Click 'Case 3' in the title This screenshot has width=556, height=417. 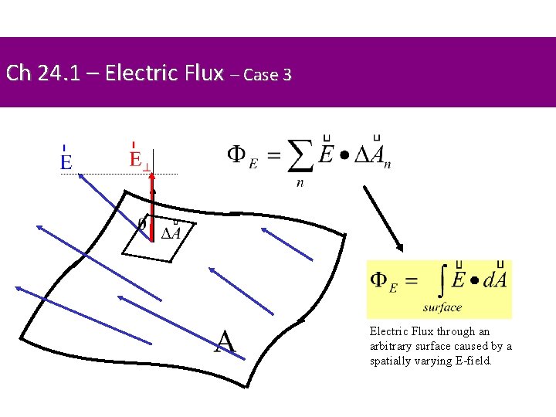(x=266, y=76)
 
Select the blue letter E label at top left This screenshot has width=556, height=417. (x=66, y=161)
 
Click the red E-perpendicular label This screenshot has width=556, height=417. (x=139, y=161)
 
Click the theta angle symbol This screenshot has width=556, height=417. (x=141, y=223)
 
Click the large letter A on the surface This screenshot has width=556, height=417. (x=225, y=341)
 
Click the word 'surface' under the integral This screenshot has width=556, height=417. (x=442, y=307)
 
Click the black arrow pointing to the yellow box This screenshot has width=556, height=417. (x=382, y=216)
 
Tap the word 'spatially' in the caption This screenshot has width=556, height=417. (x=389, y=361)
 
